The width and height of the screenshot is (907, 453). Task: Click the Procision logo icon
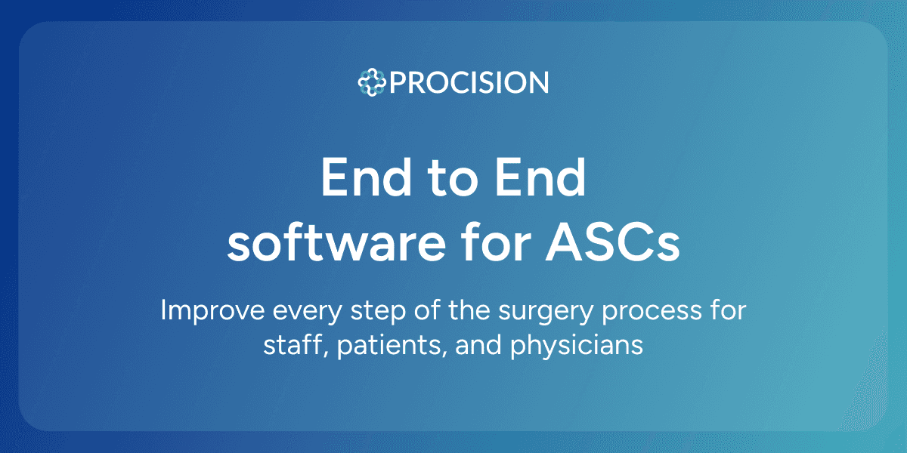(x=372, y=82)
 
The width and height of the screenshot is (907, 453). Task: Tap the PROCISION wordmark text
(x=469, y=82)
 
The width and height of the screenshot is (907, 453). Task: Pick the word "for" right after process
(x=724, y=311)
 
